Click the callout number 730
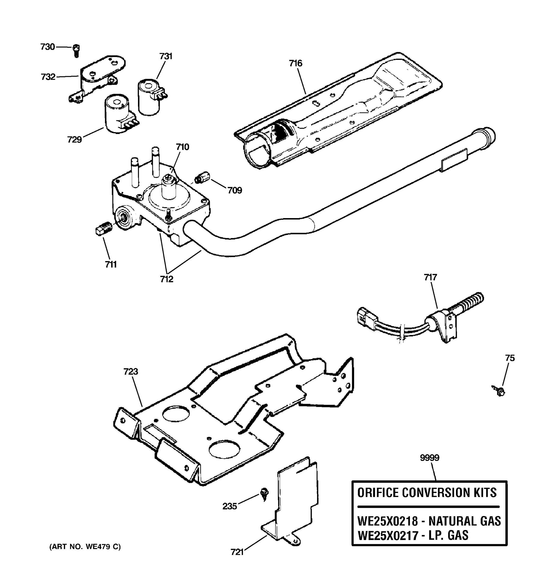48,47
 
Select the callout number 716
296,63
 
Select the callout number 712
167,279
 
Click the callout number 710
182,147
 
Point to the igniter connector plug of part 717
365,316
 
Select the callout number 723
131,371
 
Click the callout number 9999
430,458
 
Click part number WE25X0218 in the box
387,521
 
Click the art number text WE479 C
103,547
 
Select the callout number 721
237,552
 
